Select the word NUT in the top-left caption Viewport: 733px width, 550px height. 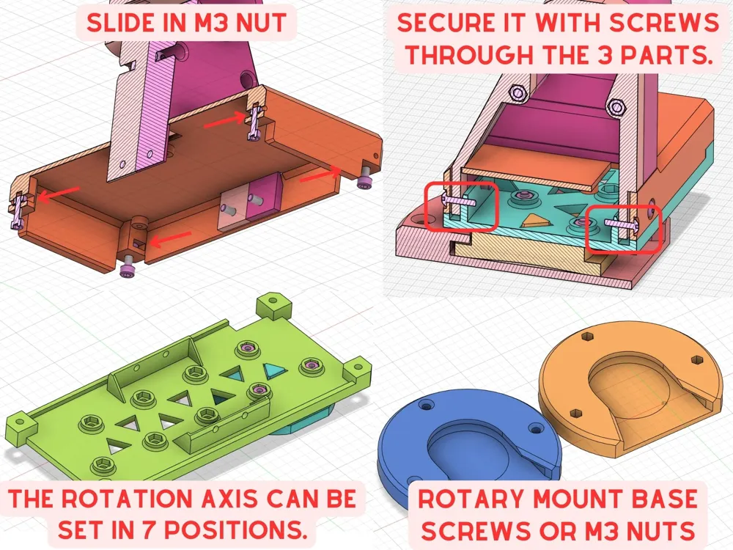coord(262,23)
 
